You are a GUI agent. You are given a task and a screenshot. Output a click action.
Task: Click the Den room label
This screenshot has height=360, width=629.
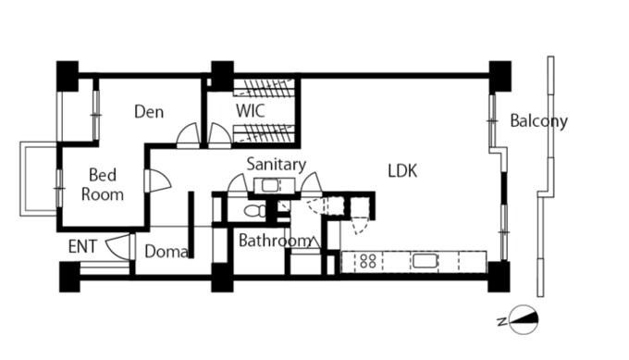(x=149, y=112)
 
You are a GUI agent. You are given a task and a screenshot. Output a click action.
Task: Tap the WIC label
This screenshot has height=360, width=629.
(x=251, y=111)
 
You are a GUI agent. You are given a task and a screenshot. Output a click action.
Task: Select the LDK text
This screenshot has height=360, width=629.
(x=402, y=171)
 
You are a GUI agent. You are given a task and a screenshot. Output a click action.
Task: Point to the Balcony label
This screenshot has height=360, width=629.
(x=538, y=121)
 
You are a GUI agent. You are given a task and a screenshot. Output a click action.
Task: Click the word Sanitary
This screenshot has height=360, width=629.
(x=277, y=165)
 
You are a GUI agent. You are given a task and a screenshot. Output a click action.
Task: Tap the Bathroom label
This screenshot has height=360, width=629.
(x=275, y=241)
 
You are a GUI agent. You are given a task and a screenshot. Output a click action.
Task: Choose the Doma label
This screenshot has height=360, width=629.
(x=166, y=252)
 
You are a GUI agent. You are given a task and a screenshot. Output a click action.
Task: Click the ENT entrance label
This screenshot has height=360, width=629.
(x=82, y=246)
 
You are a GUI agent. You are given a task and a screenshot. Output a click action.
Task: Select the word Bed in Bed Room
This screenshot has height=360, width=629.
(x=103, y=175)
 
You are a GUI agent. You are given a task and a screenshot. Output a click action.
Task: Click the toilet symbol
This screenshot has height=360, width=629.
(x=255, y=210)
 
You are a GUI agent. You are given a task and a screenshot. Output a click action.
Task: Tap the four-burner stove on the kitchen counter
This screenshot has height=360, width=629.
(x=368, y=261)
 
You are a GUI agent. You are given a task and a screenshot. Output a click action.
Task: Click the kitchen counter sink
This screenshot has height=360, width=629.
(x=425, y=261)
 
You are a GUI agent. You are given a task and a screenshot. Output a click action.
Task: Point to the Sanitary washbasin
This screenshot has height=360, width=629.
(x=270, y=186)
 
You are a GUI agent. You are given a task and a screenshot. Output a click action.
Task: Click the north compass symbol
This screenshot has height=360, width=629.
(x=524, y=320)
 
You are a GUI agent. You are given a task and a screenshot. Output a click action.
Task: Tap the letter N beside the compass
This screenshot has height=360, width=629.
(x=501, y=322)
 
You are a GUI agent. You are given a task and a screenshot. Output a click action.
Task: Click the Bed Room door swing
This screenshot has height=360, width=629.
(x=159, y=180)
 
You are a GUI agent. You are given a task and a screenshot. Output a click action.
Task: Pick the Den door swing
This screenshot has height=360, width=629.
(x=188, y=135)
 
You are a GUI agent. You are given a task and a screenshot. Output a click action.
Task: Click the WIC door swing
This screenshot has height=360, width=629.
(x=219, y=135)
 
